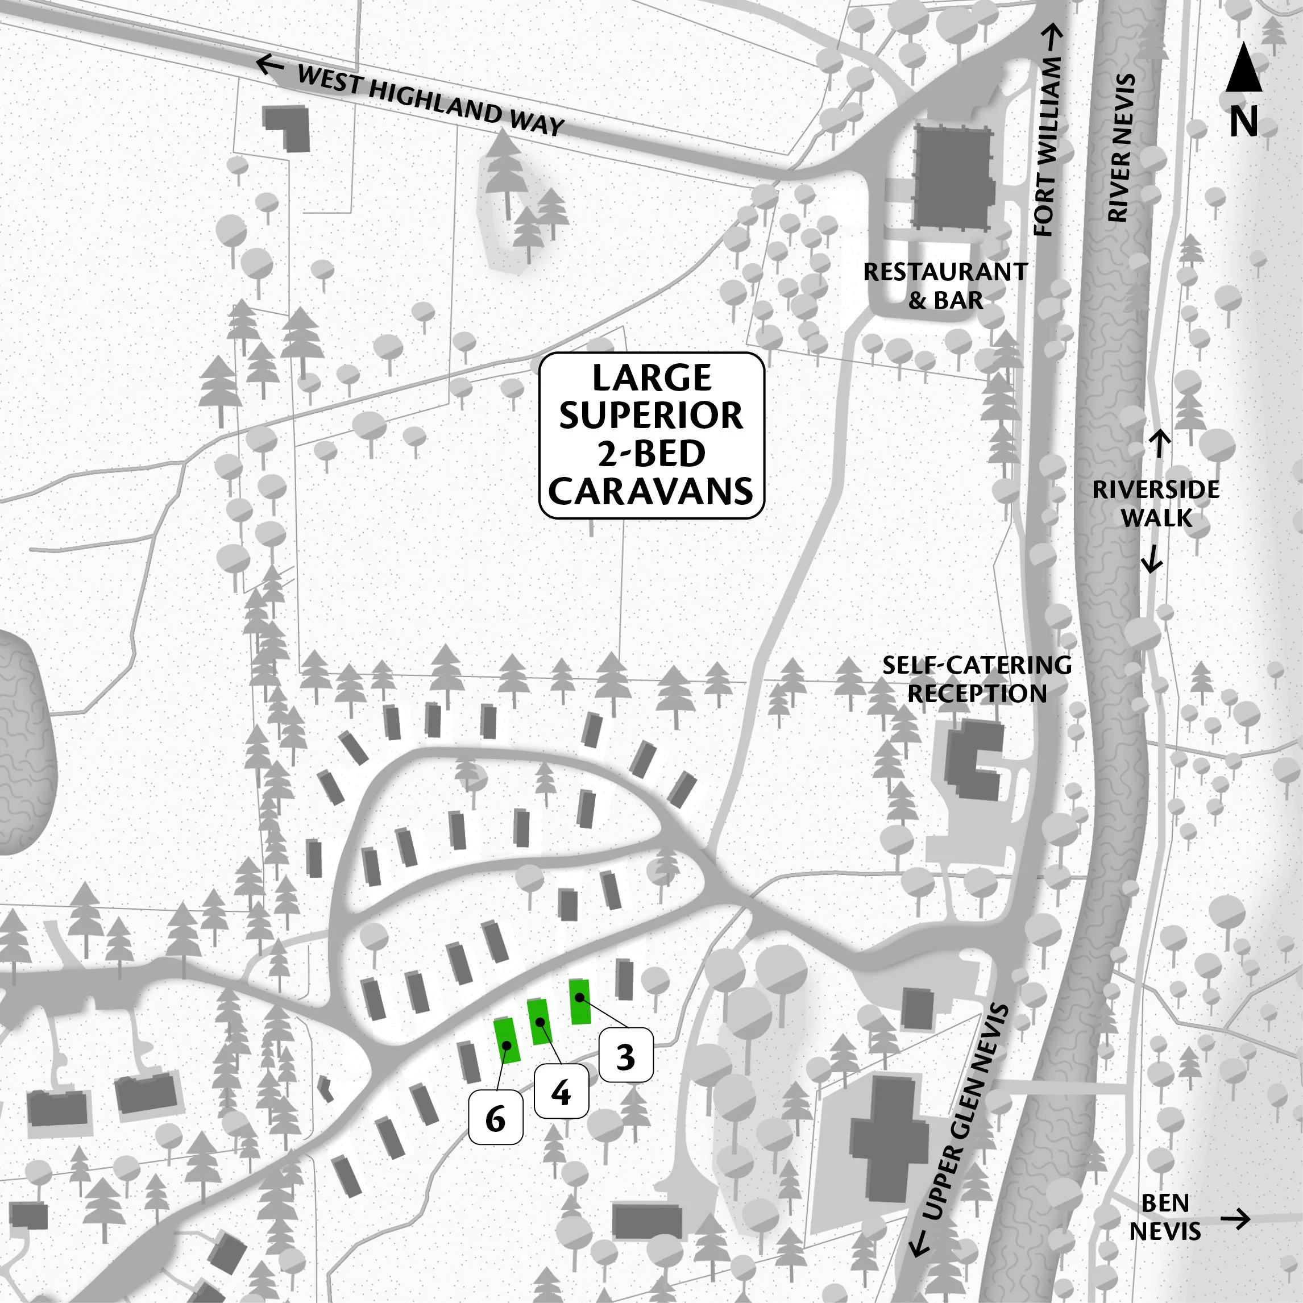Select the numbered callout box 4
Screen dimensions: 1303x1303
[561, 1091]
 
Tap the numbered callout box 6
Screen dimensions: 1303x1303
[496, 1119]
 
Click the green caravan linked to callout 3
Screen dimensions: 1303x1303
[579, 1002]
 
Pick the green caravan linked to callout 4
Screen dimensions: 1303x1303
[540, 1022]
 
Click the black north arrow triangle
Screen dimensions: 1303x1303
[1244, 68]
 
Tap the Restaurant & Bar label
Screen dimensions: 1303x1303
[945, 286]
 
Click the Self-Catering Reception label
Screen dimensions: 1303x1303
[977, 679]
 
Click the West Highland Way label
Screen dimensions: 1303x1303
[430, 101]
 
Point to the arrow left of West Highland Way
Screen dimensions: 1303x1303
[270, 65]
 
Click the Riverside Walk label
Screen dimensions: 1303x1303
[1156, 503]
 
